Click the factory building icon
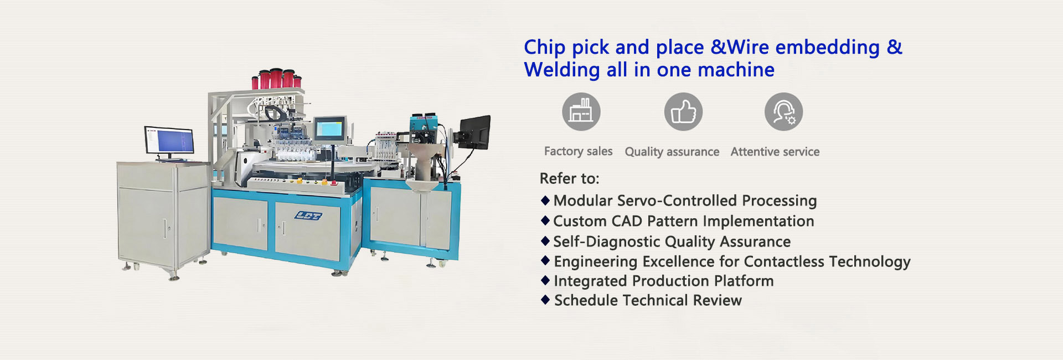pos(581,111)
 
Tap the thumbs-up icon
pos(683,111)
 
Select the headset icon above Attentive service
pos(783,111)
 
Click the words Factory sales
pos(578,151)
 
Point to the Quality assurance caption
pos(672,152)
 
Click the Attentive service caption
pos(775,152)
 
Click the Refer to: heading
pos(570,178)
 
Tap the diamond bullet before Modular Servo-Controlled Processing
pos(545,200)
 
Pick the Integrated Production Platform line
pos(664,281)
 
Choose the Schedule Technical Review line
pos(648,300)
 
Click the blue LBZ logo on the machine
pos(308,215)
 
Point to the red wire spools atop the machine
pos(277,79)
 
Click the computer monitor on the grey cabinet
pos(169,141)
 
